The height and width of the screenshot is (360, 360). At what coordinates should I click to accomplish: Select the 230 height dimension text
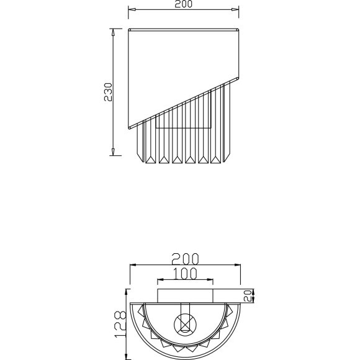(107, 92)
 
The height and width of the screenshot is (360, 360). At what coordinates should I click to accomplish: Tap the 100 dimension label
(184, 272)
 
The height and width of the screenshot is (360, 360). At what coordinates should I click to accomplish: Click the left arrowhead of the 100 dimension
(160, 280)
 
